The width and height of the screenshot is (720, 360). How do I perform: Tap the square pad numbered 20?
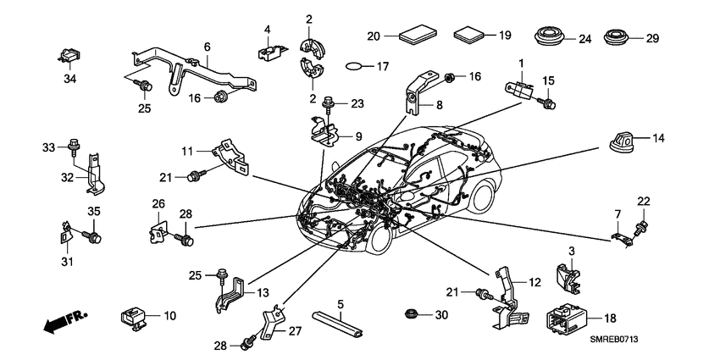tap(418, 36)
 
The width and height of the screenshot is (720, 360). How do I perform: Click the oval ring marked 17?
tap(361, 65)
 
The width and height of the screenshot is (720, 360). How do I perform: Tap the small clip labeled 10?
tap(133, 316)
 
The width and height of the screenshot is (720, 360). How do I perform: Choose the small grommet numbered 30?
tap(412, 315)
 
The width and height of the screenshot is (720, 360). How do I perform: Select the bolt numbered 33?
tap(75, 149)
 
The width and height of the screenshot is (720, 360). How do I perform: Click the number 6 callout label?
tap(206, 47)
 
